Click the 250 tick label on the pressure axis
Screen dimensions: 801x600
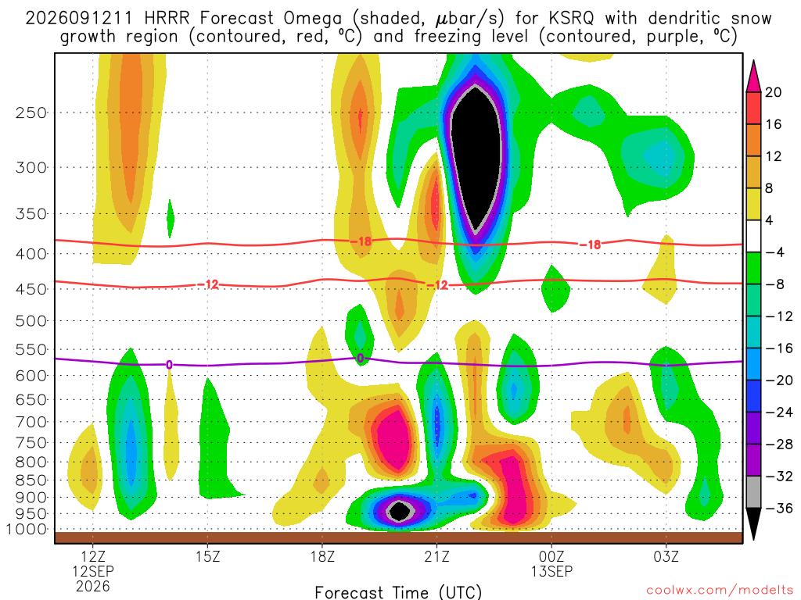(x=31, y=112)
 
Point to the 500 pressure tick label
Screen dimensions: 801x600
(x=31, y=321)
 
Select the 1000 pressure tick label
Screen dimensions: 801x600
(x=27, y=530)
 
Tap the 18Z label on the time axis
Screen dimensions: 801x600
(x=322, y=556)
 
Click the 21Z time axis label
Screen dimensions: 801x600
(x=436, y=556)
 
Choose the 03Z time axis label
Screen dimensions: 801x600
(x=666, y=556)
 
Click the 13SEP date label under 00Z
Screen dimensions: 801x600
(x=551, y=571)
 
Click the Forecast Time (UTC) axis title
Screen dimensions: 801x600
(x=398, y=592)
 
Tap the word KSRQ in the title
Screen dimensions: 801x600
(x=572, y=19)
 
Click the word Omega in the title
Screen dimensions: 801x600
(x=313, y=19)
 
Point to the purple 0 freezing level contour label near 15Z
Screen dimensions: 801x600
(x=169, y=364)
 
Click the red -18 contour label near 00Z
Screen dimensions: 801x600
(x=590, y=245)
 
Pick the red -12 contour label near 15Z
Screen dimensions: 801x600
(x=208, y=284)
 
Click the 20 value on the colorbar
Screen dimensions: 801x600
(x=774, y=92)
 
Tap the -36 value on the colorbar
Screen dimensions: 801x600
(x=779, y=508)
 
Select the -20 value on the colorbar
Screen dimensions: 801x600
(x=779, y=380)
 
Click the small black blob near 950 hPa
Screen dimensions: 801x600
(x=400, y=511)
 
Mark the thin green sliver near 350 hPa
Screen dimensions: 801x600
(x=170, y=219)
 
